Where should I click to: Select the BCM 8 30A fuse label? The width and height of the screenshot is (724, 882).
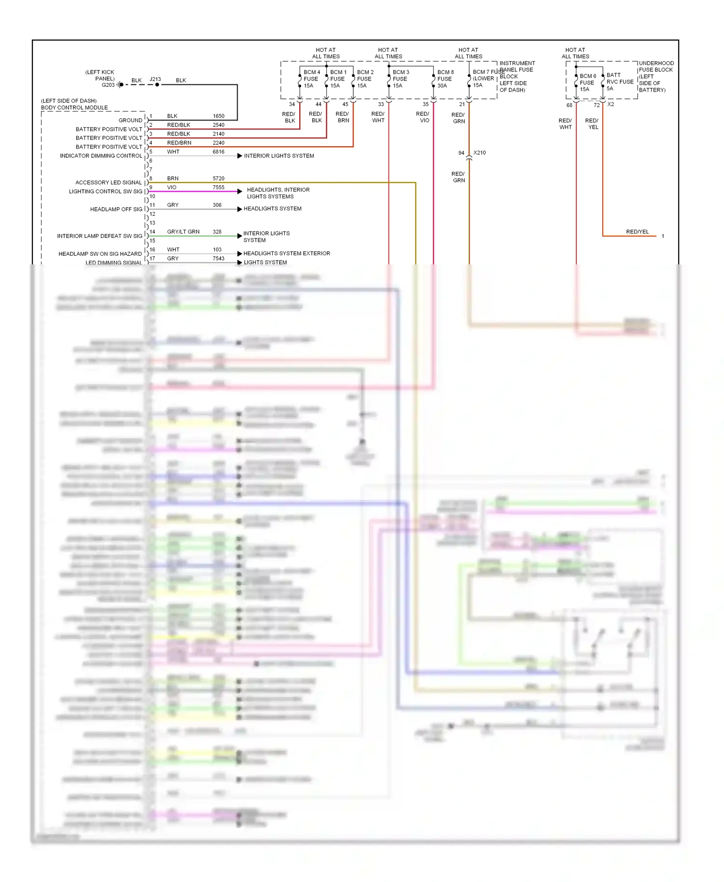445,79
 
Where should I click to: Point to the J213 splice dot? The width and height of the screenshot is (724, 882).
157,84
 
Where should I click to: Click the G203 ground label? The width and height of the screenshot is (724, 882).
108,85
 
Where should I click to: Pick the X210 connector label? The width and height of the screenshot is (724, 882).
479,152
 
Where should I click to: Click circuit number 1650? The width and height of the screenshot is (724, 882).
219,116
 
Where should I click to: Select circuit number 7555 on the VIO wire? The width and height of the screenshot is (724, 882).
219,187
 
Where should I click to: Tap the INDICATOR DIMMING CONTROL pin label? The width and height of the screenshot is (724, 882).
101,156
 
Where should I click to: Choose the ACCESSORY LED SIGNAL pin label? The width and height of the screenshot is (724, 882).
109,182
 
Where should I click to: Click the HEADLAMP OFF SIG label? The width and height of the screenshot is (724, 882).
116,209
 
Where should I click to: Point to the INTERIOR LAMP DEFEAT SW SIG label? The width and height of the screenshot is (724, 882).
99,236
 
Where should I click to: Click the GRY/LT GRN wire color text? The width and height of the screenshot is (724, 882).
183,232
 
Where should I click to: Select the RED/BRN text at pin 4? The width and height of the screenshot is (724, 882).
179,143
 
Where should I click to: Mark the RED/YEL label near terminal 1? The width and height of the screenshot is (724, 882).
637,232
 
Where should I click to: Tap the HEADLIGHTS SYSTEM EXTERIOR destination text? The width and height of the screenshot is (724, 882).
287,253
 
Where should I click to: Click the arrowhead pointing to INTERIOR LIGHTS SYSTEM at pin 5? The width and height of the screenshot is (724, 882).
240,156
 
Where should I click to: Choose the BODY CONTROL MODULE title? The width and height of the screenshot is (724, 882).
74,108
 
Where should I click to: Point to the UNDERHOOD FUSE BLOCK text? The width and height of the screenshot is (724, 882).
656,67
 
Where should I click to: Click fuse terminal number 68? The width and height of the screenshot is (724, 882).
569,105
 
